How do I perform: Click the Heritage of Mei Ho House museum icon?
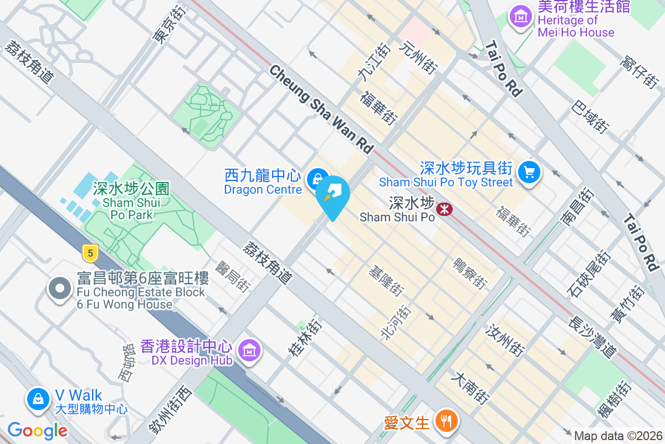coord(521,16)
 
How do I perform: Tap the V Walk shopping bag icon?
coord(38,399)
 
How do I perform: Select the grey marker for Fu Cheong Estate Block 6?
coord(60,289)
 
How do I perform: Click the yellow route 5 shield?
coord(90,254)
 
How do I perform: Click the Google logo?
coord(37,431)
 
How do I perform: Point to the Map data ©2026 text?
coord(618,436)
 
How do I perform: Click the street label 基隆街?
coord(387,281)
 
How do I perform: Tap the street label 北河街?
coord(395,322)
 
